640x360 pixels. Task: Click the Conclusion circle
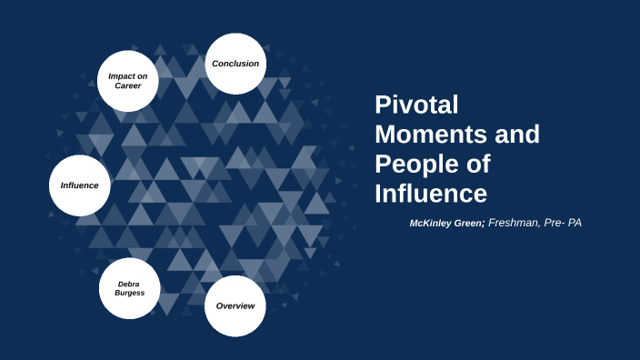pos(235,64)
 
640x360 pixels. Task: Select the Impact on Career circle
pos(128,81)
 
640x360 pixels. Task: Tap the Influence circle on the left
pos(79,185)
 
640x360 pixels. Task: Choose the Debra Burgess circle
pos(129,288)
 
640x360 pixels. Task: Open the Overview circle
pos(235,305)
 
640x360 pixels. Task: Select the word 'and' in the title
pos(517,135)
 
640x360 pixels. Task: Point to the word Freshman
pos(514,222)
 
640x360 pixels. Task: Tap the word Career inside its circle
pos(128,86)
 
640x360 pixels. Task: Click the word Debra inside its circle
pos(128,284)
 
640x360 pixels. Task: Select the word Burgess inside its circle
pos(129,294)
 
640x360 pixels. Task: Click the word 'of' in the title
pos(478,165)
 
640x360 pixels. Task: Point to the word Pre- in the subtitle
pos(552,222)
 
